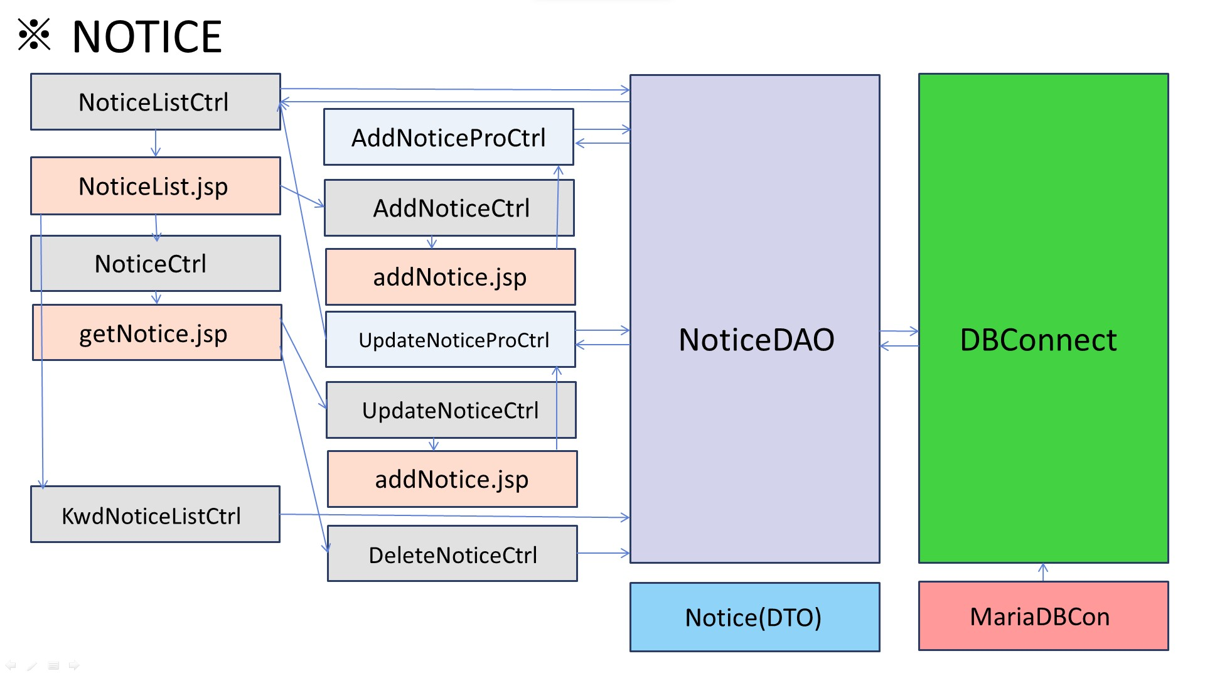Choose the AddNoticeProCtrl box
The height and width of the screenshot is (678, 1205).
tap(448, 137)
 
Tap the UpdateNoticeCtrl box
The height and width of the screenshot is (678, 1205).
tap(451, 411)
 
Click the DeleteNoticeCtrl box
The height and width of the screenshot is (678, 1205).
tap(452, 554)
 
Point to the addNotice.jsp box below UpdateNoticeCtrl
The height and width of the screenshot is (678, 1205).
tap(452, 480)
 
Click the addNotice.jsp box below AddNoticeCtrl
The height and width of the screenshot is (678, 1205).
tap(450, 277)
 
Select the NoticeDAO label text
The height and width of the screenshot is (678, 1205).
tap(756, 340)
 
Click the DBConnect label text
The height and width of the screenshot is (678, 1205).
tap(1038, 340)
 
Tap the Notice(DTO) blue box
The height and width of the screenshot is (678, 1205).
tap(754, 618)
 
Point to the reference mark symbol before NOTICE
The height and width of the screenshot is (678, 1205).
tap(34, 35)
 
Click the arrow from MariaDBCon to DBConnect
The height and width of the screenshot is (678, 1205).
tap(1043, 572)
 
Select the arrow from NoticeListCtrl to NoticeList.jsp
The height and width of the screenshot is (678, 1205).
tap(156, 144)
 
